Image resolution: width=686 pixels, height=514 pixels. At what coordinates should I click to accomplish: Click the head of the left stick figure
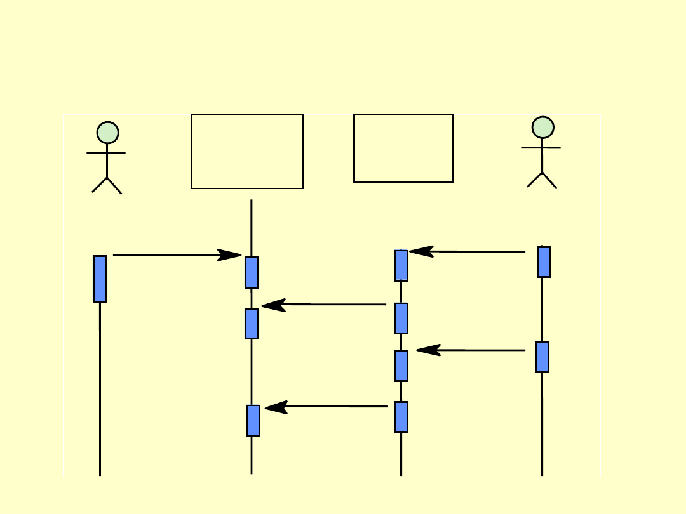(107, 133)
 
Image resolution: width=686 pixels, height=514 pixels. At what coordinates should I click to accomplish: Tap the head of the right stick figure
(542, 128)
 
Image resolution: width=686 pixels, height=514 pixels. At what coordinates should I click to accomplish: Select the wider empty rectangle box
(248, 151)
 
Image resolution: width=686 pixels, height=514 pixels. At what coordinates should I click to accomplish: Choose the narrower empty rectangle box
(403, 148)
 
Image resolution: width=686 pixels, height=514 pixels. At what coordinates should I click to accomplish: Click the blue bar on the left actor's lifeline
(100, 279)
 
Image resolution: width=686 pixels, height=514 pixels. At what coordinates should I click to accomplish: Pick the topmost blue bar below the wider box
(252, 272)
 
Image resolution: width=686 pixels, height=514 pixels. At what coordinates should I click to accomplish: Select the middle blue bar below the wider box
(252, 323)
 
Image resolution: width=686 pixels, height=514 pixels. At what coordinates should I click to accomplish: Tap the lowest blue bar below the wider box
(253, 420)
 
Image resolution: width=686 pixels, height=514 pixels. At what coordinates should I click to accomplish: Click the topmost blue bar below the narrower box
(401, 265)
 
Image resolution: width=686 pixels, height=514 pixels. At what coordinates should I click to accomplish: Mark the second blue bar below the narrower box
(401, 318)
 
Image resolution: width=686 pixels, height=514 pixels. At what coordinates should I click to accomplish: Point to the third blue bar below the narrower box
(401, 366)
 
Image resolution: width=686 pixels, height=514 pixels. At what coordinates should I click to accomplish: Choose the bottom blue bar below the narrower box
(401, 416)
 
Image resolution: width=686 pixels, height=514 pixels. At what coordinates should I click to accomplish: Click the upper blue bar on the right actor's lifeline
(544, 262)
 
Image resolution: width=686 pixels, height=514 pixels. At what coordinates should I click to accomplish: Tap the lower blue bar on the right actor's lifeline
(542, 357)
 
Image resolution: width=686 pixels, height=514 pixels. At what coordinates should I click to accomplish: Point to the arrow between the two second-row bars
(324, 305)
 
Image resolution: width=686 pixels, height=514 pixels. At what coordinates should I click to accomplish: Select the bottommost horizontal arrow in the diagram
(326, 407)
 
